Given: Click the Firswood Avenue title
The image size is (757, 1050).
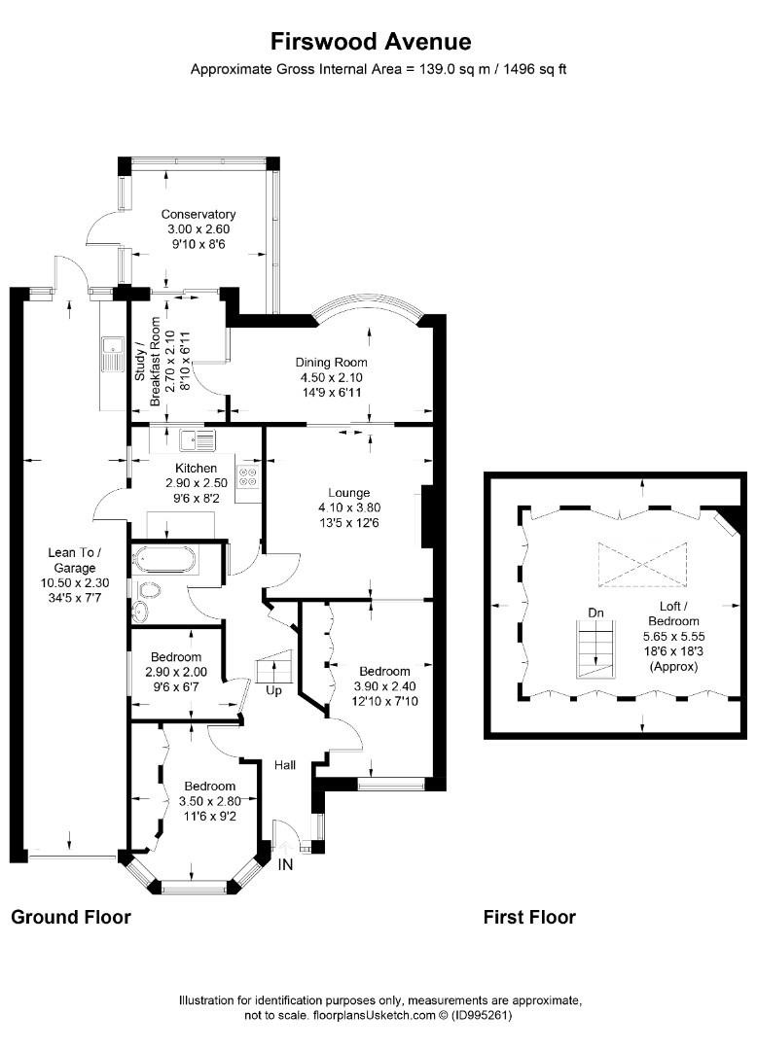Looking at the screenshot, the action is [371, 42].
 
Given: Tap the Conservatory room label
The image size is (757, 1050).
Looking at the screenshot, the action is [198, 214].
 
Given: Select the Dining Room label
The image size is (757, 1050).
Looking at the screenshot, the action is [332, 363].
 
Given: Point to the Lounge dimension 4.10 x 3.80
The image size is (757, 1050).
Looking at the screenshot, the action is [349, 507].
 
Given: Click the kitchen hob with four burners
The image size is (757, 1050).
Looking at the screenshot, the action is [247, 474].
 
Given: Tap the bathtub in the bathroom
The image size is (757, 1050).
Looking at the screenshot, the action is [164, 559].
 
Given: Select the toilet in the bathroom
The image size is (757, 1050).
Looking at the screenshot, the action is [150, 590].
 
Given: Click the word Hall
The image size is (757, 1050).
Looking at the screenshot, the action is [285, 765].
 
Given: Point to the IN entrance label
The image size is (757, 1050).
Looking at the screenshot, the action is [285, 864].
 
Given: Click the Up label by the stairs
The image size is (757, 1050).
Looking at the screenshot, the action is [274, 690].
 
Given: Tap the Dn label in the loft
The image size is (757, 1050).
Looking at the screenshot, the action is [595, 612].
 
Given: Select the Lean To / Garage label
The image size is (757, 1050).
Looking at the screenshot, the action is [74, 560].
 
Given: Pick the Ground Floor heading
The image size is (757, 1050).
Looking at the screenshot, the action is [71, 917].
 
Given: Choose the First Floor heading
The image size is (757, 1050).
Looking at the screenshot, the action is [529, 917].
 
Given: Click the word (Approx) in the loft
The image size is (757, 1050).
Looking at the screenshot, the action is [674, 666].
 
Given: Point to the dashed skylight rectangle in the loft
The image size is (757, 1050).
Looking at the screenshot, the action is [642, 565].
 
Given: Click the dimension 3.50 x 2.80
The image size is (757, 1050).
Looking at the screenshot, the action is [209, 801].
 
